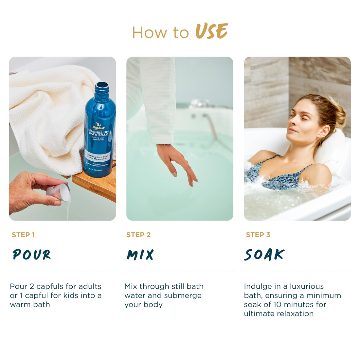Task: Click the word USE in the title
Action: (x=211, y=32)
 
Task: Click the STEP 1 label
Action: (x=23, y=235)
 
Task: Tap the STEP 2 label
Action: (x=138, y=235)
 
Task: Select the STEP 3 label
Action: (x=258, y=235)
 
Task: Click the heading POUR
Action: (x=32, y=254)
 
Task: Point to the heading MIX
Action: (x=140, y=255)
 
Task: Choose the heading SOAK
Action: (x=264, y=255)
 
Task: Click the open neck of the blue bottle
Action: (x=101, y=85)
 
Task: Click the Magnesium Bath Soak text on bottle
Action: (x=98, y=133)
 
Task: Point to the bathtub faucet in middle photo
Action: (x=200, y=104)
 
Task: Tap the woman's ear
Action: (x=323, y=131)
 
